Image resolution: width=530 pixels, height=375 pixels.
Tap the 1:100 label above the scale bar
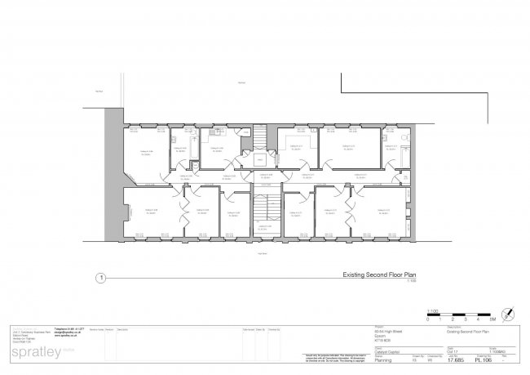(x=432, y=310)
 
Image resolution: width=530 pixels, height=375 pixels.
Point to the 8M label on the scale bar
(x=492, y=320)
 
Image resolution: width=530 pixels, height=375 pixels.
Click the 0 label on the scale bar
(x=428, y=320)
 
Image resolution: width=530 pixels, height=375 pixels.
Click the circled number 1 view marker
(x=99, y=278)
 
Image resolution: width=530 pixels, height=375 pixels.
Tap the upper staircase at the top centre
(x=259, y=136)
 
